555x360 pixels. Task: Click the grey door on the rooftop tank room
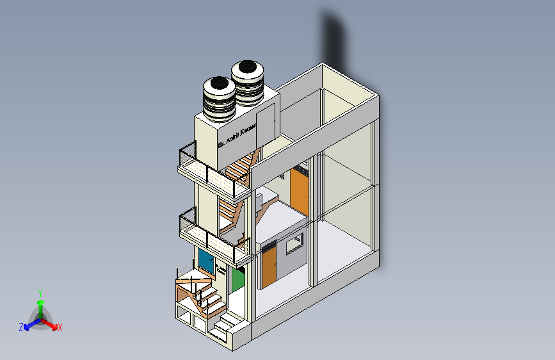pos(266,124)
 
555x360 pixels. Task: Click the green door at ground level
pos(238,280)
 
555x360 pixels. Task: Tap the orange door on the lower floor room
pos(269,266)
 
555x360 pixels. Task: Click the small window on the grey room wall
pos(294,243)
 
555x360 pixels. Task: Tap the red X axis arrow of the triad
pos(56,326)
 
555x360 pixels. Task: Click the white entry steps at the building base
pos(223,325)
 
